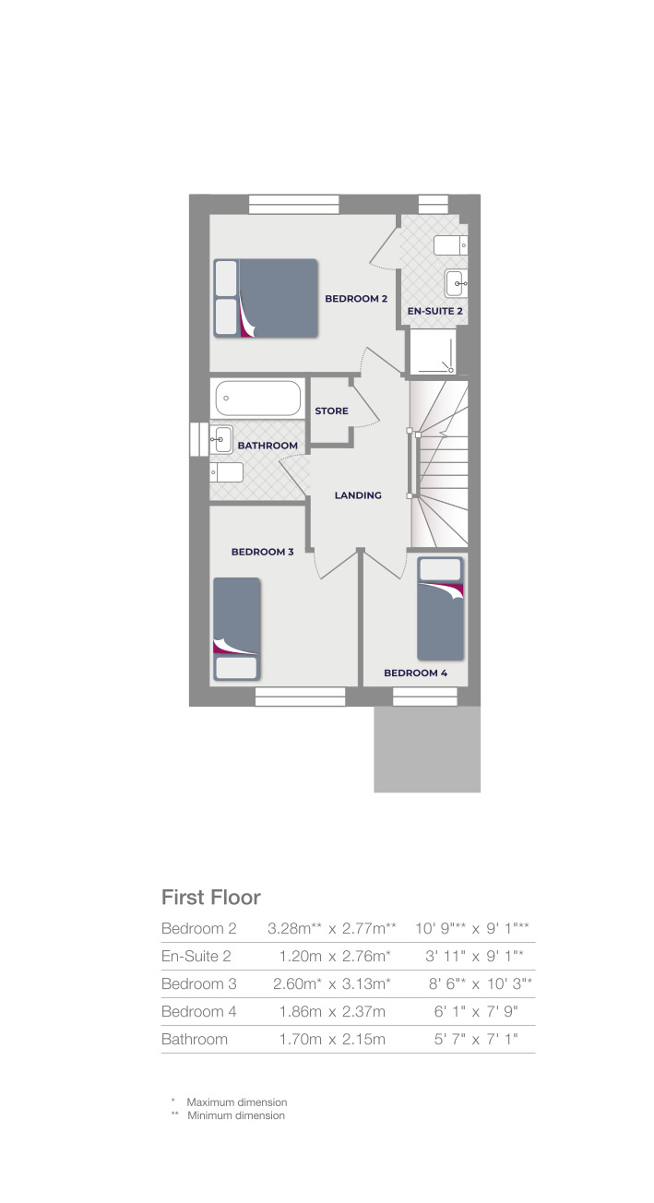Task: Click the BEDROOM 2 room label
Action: [355, 299]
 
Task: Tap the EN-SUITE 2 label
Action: [435, 312]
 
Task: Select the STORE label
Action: [332, 411]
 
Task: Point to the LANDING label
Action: [358, 495]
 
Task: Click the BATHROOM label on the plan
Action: [268, 446]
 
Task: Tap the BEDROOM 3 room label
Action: [262, 552]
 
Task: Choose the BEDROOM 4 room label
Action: [415, 673]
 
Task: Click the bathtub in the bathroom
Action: [258, 399]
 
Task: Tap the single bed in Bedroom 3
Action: [237, 628]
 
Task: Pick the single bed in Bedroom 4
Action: [440, 605]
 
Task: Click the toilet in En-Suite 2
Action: [451, 245]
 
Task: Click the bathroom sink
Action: [222, 440]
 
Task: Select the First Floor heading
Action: [211, 897]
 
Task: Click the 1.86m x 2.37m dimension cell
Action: [332, 1011]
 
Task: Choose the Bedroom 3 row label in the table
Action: [199, 983]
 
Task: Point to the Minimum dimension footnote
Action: [235, 1115]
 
